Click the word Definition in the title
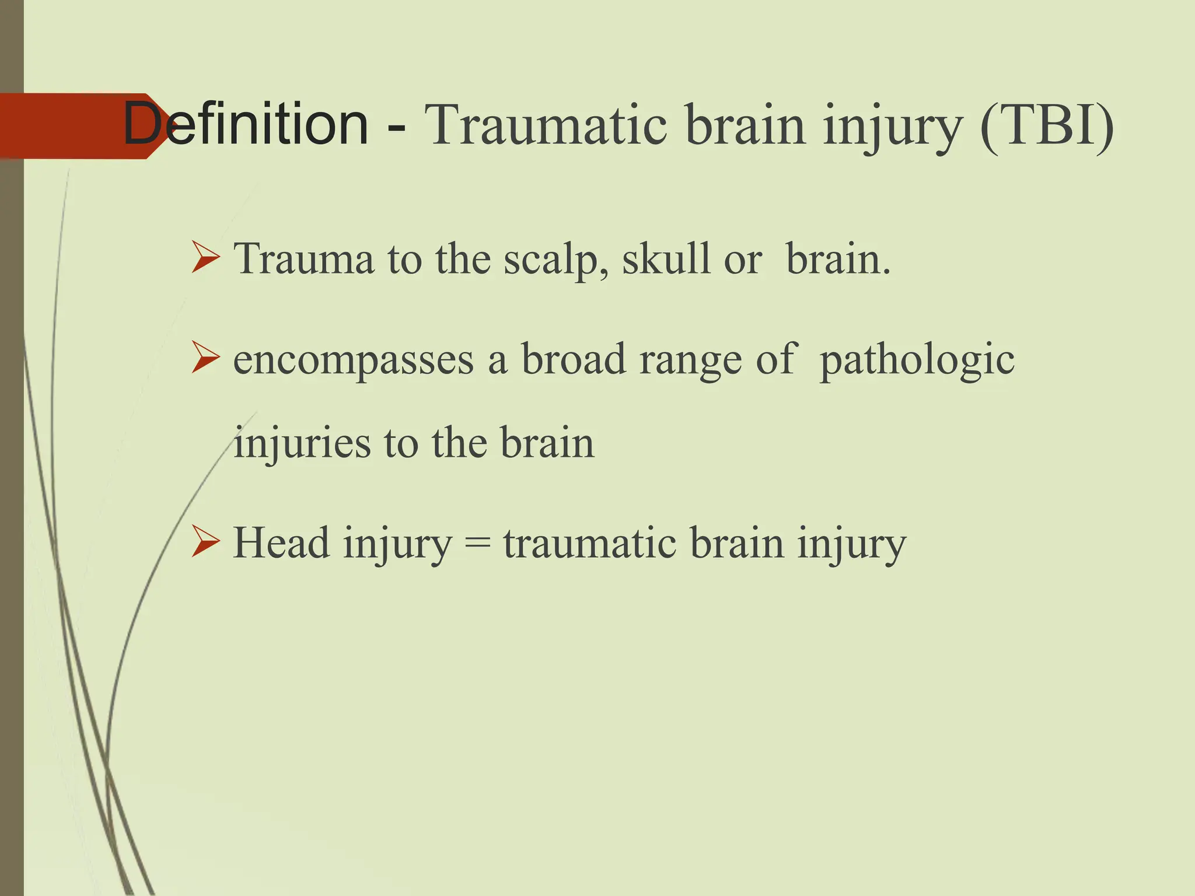pyautogui.click(x=246, y=124)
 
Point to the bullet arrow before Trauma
pyautogui.click(x=205, y=258)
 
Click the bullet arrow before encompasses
pyautogui.click(x=205, y=359)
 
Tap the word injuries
pyautogui.click(x=302, y=443)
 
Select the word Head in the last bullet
pyautogui.click(x=281, y=542)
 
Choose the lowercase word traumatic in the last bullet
pyautogui.click(x=589, y=542)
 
